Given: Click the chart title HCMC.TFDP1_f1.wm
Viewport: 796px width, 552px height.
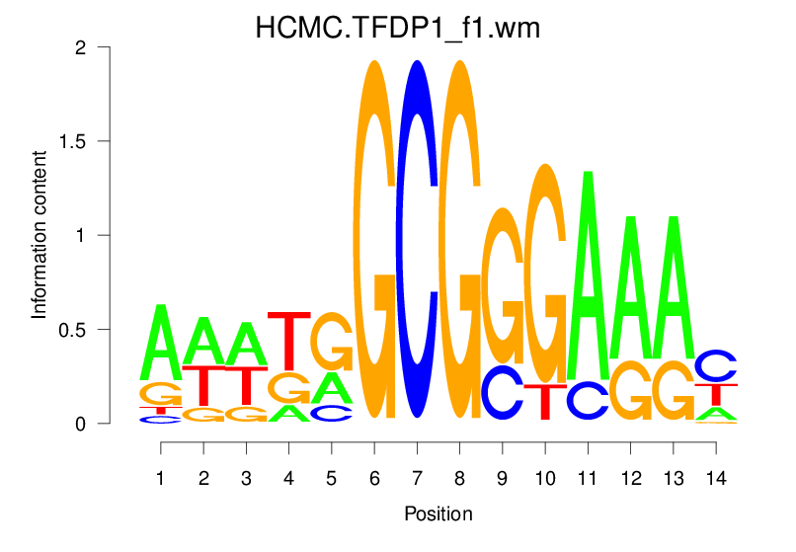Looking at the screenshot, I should [398, 27].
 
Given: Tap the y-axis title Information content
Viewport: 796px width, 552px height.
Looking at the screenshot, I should [40, 235].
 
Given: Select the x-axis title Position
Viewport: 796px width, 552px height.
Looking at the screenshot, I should [438, 514].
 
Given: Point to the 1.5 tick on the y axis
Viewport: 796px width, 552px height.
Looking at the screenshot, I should [98, 141].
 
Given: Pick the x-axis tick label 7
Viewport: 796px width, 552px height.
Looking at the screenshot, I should [417, 479].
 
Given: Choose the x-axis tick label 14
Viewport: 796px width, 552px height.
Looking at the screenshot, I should [716, 479].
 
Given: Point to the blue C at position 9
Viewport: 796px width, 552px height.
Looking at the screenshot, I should [503, 393].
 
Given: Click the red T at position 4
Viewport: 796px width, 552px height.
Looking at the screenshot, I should [289, 340].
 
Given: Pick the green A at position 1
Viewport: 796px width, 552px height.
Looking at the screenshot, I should [161, 342].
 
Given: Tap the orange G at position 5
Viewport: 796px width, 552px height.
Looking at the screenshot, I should [332, 342].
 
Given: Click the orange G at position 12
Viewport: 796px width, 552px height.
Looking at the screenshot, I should [630, 392].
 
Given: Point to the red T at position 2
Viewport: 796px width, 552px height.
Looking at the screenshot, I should [203, 385].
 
